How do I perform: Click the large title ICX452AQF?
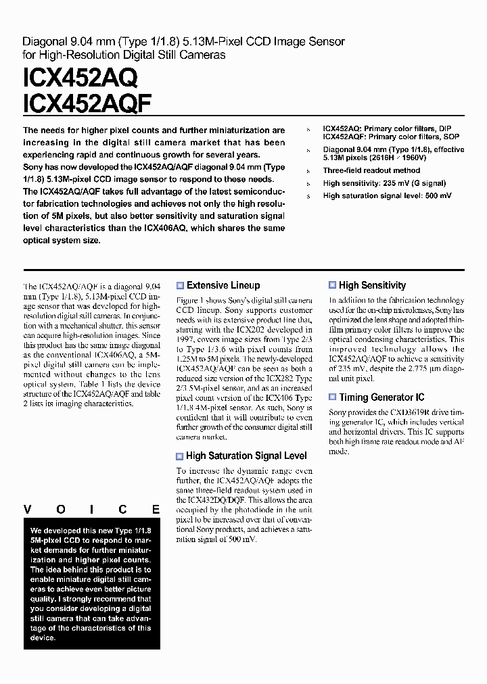[88, 104]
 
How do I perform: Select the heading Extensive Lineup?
[223, 286]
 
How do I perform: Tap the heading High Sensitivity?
[372, 286]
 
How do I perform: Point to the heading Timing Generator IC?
[381, 398]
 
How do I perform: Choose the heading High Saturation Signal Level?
[246, 456]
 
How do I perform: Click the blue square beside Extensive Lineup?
[180, 286]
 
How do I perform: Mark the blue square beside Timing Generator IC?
[333, 398]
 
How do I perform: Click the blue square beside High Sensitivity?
[333, 286]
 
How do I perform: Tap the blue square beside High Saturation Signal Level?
[180, 456]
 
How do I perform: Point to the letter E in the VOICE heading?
[156, 510]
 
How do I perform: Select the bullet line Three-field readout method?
[371, 171]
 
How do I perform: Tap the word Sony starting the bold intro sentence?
[33, 167]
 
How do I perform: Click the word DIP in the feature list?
[444, 128]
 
